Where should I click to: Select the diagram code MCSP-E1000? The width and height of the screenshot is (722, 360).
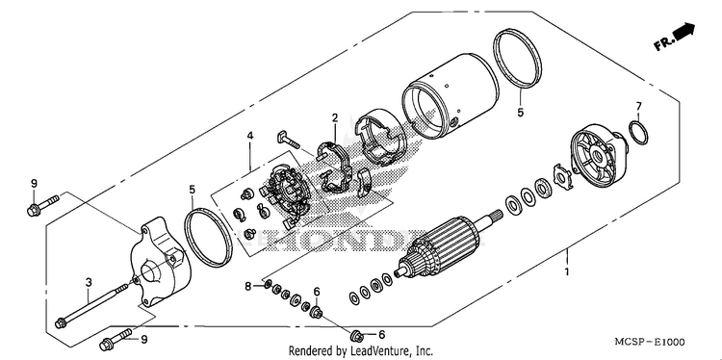point(650,342)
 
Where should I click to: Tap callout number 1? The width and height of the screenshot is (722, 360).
point(567,271)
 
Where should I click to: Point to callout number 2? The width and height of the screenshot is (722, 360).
point(335,117)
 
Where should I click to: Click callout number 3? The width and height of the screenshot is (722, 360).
point(90,282)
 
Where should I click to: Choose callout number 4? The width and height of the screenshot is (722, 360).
point(250,136)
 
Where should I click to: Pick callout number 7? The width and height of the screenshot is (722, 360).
point(638,106)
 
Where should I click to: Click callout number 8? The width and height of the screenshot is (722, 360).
point(248,287)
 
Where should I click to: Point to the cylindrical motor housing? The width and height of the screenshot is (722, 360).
point(450,96)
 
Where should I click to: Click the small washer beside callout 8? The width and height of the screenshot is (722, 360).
point(268,286)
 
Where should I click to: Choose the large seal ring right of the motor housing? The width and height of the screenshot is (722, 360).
point(517,59)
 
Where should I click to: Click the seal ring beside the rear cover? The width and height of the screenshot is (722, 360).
point(208,238)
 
